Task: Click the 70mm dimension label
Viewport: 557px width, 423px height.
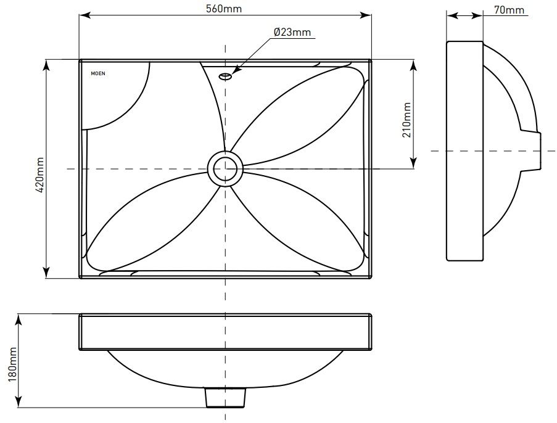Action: pos(509,9)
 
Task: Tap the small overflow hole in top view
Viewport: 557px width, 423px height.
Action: pos(225,76)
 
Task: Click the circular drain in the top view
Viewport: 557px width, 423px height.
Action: pos(225,168)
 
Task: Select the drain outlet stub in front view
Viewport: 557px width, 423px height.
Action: pos(225,398)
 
